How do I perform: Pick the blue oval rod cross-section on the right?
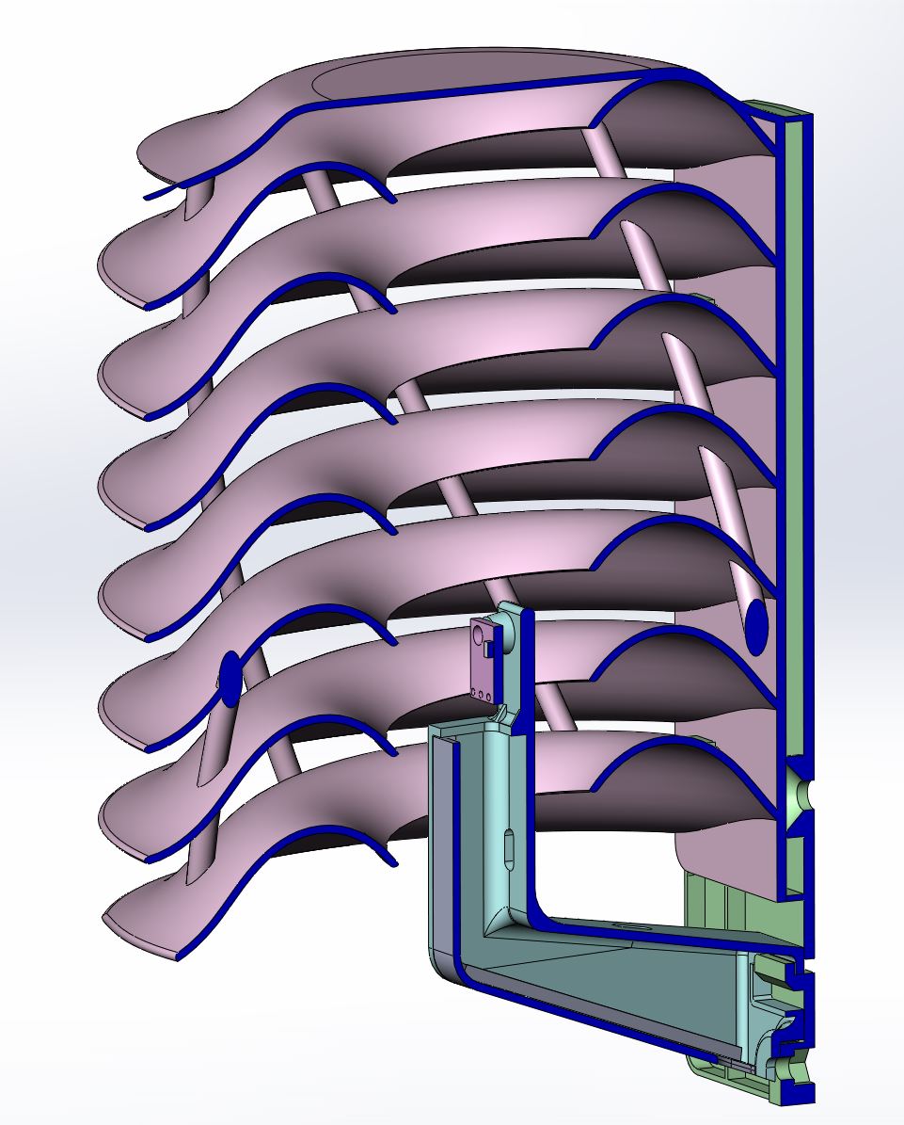tap(755, 625)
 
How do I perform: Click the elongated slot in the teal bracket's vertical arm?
tap(507, 847)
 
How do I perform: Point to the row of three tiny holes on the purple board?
tap(482, 696)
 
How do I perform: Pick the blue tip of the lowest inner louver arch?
tap(391, 858)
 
